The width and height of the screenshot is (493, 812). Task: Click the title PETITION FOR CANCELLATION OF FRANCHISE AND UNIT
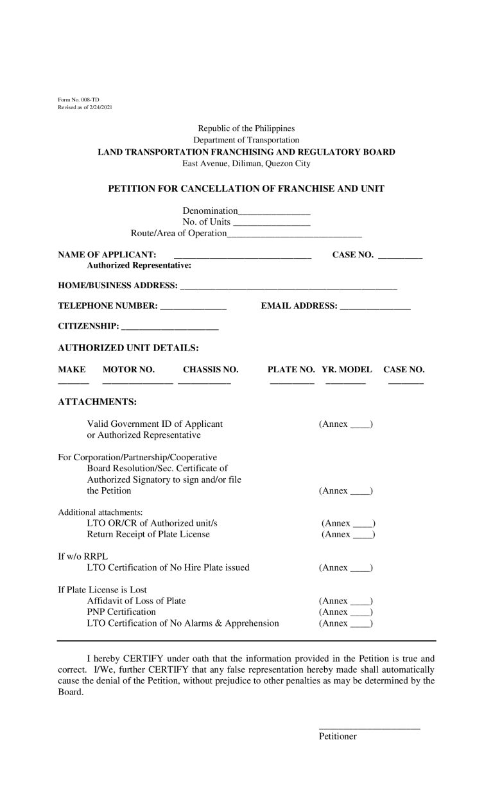246,188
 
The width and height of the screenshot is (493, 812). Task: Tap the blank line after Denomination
274,212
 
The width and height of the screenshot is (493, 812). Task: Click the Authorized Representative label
139,265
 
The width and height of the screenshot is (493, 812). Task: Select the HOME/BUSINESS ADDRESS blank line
289,286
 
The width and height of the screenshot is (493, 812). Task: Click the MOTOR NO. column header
128,370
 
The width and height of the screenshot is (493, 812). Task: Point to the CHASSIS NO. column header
211,370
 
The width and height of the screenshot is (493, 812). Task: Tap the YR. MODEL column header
347,370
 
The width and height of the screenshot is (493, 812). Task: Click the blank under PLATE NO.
292,383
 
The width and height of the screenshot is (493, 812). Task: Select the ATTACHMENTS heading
97,402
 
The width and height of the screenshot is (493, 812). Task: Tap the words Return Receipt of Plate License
148,534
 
